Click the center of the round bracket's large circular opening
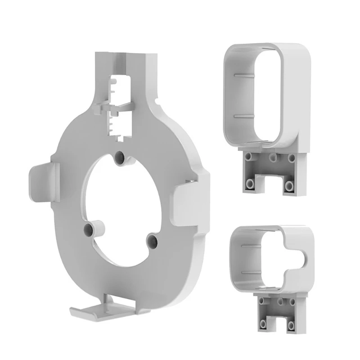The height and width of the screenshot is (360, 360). [x=121, y=198]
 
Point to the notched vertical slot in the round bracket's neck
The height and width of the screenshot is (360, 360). [x=119, y=106]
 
